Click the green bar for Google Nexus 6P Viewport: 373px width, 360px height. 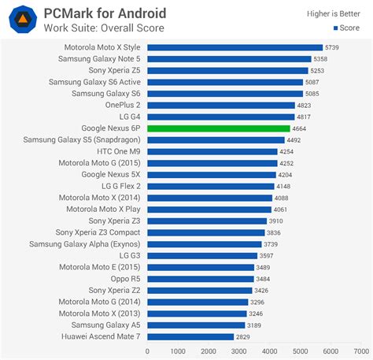(x=219, y=128)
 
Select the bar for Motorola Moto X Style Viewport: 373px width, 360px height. (x=235, y=47)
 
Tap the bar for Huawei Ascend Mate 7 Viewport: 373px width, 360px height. (x=190, y=336)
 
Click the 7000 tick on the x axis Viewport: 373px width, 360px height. (x=360, y=351)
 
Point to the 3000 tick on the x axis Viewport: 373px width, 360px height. (x=238, y=351)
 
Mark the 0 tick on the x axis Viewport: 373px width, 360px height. (x=147, y=351)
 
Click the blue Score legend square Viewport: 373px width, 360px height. (x=336, y=28)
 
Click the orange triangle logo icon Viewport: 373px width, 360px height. (x=24, y=19)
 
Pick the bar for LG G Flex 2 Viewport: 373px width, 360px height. (x=210, y=186)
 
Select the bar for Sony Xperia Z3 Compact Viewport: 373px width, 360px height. (x=205, y=232)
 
